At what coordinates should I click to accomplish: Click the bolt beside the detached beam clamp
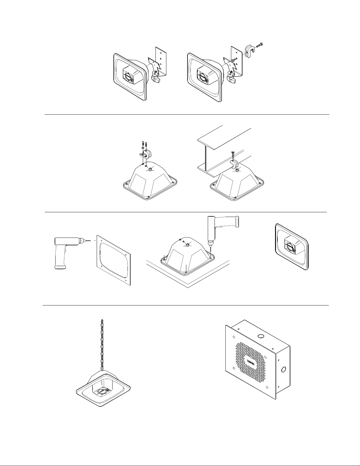[259, 46]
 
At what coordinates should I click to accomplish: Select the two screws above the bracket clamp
[143, 145]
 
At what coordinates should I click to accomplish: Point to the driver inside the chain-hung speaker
[103, 391]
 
